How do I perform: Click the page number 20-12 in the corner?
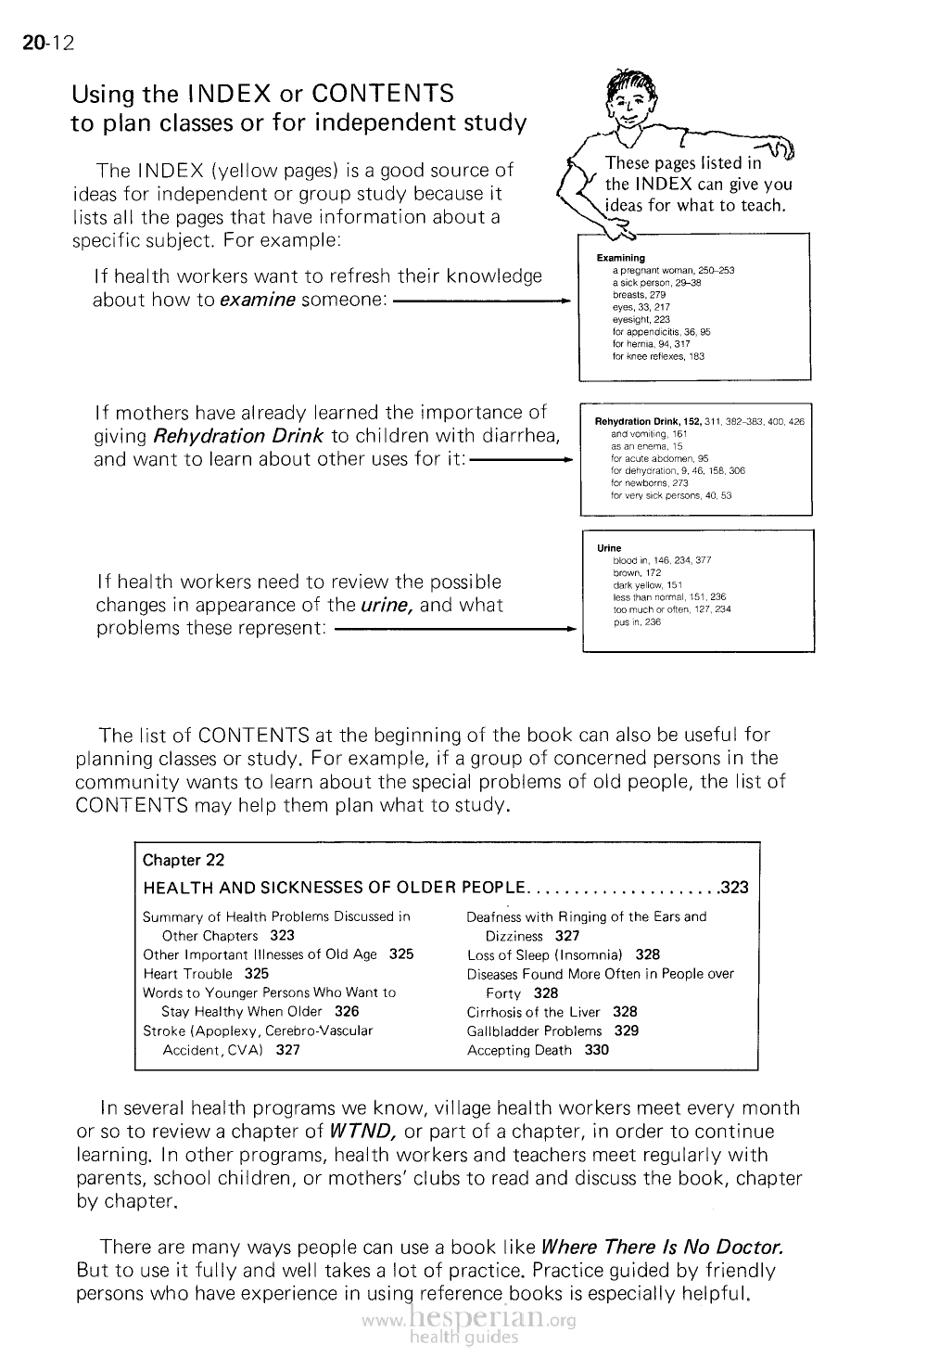[47, 44]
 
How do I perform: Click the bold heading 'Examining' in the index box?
[621, 258]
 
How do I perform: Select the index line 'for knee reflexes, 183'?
[658, 356]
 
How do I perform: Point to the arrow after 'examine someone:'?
[480, 301]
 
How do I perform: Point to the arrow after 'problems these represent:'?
[453, 629]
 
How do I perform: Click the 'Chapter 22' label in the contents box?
[184, 860]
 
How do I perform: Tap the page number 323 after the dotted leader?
[734, 888]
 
